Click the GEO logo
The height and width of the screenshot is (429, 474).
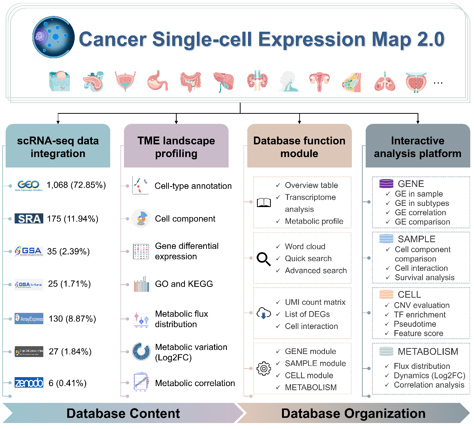tap(29, 185)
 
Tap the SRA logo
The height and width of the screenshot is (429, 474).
tap(29, 219)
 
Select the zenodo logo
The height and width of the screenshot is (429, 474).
tap(29, 383)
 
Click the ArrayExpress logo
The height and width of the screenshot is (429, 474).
tap(29, 319)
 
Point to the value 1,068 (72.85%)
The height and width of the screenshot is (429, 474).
tap(76, 185)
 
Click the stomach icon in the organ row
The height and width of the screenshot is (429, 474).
tap(158, 81)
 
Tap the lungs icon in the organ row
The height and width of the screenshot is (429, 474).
tap(385, 81)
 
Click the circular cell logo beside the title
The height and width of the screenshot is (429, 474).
tap(53, 37)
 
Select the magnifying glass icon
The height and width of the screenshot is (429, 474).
tap(264, 259)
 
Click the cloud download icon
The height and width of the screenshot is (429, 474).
tap(264, 313)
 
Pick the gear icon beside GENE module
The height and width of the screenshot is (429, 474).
tap(264, 369)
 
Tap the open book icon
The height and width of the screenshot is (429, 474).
tap(264, 203)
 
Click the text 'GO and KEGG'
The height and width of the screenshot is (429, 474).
tap(184, 284)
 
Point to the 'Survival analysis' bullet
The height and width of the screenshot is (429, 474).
tap(424, 278)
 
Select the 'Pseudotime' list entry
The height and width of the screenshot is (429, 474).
tap(415, 324)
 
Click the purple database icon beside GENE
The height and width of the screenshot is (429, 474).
tap(386, 184)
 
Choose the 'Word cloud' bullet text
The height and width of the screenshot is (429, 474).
tap(305, 247)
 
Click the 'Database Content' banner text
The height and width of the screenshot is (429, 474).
tap(123, 413)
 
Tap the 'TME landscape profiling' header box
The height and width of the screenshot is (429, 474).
tap(176, 147)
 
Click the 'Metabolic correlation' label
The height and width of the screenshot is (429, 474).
tap(195, 383)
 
